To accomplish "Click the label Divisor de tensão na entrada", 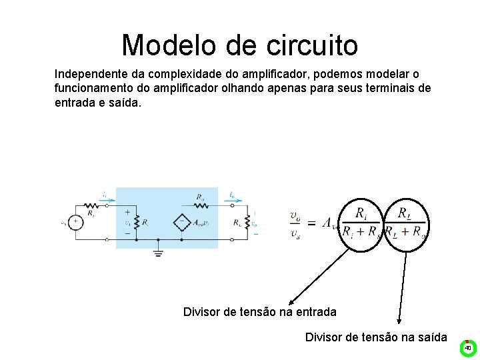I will pyautogui.click(x=259, y=312).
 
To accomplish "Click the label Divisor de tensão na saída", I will pyautogui.click(x=376, y=337).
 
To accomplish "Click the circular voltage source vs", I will pyautogui.click(x=77, y=223).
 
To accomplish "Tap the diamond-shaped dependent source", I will pyautogui.click(x=183, y=223).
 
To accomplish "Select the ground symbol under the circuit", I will pyautogui.click(x=158, y=251).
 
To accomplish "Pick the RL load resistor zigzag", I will pyautogui.click(x=247, y=223).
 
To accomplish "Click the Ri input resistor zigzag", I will pyautogui.click(x=137, y=223).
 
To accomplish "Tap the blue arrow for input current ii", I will pyautogui.click(x=105, y=199).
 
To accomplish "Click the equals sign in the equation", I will pyautogui.click(x=311, y=223).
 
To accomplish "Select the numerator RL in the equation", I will pyautogui.click(x=405, y=213).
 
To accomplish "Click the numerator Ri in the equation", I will pyautogui.click(x=361, y=213).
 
